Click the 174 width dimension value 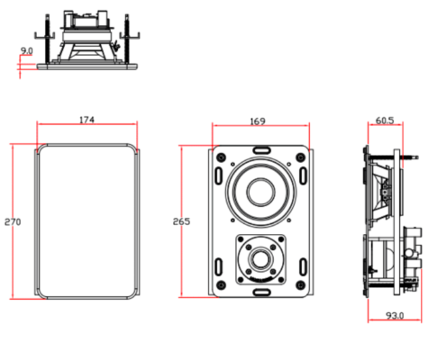click(x=86, y=120)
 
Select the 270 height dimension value click(x=13, y=222)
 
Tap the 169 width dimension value click(x=258, y=121)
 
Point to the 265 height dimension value click(x=181, y=221)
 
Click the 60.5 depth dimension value click(x=385, y=121)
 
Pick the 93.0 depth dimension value click(x=395, y=315)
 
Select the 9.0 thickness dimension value click(x=26, y=51)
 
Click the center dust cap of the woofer click(x=260, y=192)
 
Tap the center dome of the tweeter click(x=260, y=259)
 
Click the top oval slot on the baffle click(x=260, y=149)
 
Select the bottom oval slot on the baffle click(x=260, y=292)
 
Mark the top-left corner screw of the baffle click(x=221, y=157)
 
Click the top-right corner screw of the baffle click(x=300, y=157)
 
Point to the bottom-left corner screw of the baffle click(x=221, y=284)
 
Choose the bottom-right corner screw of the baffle click(x=300, y=284)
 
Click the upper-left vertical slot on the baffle click(x=219, y=175)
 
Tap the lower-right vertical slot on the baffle click(x=304, y=266)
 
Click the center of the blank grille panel click(x=86, y=221)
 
